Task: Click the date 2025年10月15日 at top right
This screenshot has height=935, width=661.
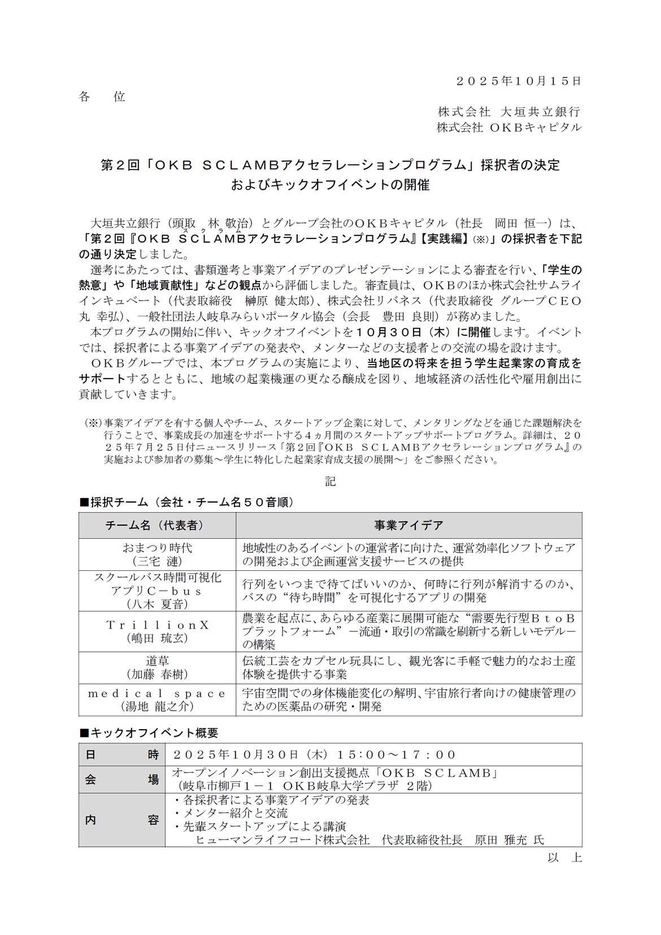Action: click(519, 81)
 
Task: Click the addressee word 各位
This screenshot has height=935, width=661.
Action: click(102, 97)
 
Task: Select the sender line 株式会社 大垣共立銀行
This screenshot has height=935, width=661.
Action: click(509, 112)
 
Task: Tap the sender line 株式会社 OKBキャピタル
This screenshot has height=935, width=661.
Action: click(509, 127)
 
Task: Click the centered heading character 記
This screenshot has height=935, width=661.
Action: click(330, 481)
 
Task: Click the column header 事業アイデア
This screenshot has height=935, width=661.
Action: click(408, 525)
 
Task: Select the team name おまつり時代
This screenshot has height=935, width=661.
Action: click(157, 547)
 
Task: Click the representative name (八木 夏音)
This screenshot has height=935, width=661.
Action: click(157, 604)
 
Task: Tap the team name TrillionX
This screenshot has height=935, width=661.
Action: click(157, 625)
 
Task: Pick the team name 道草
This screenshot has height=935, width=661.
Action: click(157, 660)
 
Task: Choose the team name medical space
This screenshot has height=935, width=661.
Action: click(157, 693)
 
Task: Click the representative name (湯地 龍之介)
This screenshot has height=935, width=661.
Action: click(157, 706)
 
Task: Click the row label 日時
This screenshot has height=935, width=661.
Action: click(121, 755)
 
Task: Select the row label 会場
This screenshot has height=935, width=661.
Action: click(121, 780)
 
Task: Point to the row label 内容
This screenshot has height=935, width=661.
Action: click(121, 820)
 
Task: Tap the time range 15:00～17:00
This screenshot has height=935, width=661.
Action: click(397, 755)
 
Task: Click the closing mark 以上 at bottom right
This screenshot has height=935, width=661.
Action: click(564, 858)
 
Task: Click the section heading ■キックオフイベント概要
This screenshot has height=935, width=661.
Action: click(149, 733)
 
